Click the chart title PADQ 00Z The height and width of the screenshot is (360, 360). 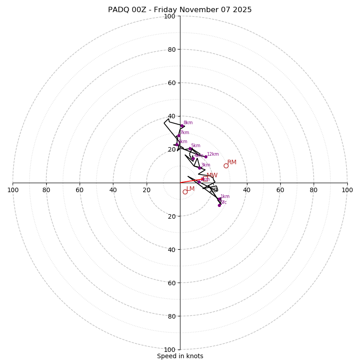(x=180, y=10)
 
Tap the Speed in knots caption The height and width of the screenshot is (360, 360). (x=180, y=356)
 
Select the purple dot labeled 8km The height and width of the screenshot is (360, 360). (x=182, y=126)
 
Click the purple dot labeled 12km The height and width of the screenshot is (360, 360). (x=206, y=157)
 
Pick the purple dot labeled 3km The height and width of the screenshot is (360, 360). (x=199, y=168)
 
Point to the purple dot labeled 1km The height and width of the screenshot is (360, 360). (x=219, y=199)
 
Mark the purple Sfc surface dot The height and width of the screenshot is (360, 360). (x=219, y=205)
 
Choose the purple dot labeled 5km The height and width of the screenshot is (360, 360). (x=190, y=148)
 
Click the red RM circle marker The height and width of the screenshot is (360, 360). (x=226, y=166)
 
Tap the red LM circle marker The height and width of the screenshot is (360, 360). (x=185, y=192)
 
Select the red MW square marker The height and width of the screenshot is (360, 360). (x=206, y=179)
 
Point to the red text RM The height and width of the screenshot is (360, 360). (x=232, y=162)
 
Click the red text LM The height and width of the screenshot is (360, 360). (x=190, y=189)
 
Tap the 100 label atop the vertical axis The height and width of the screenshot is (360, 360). (x=170, y=16)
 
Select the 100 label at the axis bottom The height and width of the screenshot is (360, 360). (x=170, y=350)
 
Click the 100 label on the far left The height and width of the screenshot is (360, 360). (x=13, y=190)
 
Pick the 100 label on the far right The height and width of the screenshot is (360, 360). (x=347, y=190)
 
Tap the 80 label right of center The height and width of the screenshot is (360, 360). (x=314, y=190)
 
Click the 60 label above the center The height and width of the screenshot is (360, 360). (x=171, y=83)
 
